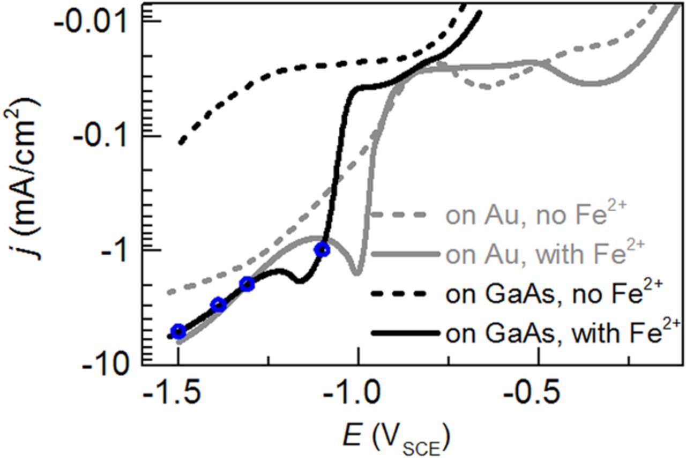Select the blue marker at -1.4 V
[218, 305]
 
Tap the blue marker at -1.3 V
[247, 284]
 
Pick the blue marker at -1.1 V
[322, 249]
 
